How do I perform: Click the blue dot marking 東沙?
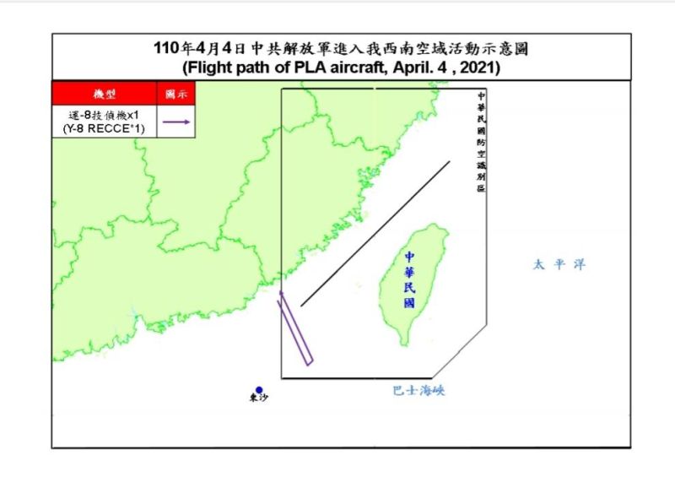click(x=259, y=390)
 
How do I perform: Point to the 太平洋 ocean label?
click(x=558, y=265)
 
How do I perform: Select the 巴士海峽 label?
click(x=418, y=390)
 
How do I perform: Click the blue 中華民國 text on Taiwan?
click(x=409, y=279)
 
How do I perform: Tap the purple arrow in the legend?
click(x=176, y=122)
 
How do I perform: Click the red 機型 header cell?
click(x=105, y=94)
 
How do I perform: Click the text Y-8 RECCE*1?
click(x=105, y=128)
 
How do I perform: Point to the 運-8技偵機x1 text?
click(x=105, y=115)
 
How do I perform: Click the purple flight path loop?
click(x=296, y=329)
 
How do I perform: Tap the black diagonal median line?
click(x=375, y=233)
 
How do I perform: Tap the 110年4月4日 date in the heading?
click(x=193, y=49)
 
